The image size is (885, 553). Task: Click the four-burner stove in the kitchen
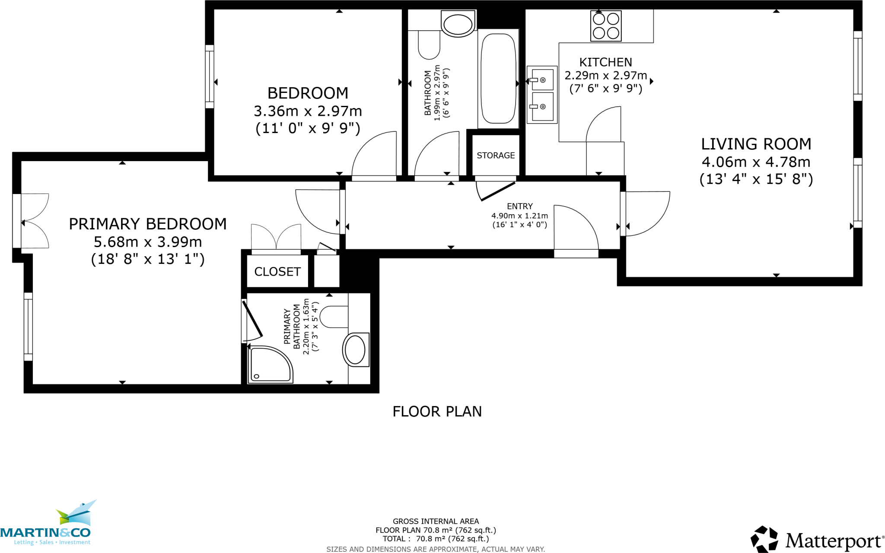point(606,26)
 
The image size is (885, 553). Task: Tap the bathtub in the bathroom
point(498,78)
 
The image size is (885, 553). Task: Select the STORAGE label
point(496,156)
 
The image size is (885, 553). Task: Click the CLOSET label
point(277,272)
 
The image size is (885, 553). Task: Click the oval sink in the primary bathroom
point(356,350)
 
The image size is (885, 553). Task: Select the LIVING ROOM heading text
point(756,144)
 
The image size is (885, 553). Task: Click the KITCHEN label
point(605,62)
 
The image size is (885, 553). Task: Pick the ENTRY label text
point(520,207)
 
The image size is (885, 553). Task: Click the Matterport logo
point(817,540)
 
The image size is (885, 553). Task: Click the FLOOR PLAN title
point(437,412)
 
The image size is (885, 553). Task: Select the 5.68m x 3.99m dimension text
point(148,242)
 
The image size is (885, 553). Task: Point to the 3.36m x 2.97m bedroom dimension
point(308,111)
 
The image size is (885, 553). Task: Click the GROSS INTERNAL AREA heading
point(436,521)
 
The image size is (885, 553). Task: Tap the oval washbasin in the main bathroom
point(458,24)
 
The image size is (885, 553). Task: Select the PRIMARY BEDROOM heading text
point(148,224)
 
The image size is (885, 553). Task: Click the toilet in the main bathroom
point(429,46)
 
